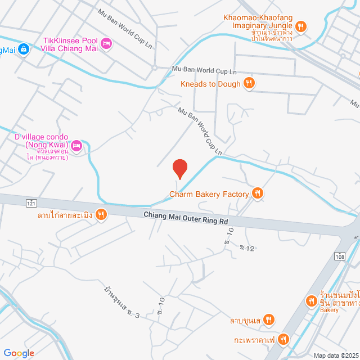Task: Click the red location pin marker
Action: (179, 168)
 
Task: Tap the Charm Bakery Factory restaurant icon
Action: (258, 194)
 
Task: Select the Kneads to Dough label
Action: (210, 84)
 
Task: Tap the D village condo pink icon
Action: (77, 146)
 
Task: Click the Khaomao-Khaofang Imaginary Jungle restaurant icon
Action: (301, 26)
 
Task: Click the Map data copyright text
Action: (336, 355)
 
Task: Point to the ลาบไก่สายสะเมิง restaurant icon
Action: (101, 214)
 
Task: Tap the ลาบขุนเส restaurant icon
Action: (269, 321)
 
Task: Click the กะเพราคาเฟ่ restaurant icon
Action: (283, 339)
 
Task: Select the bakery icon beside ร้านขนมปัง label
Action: (311, 301)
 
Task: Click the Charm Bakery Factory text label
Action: (209, 195)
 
